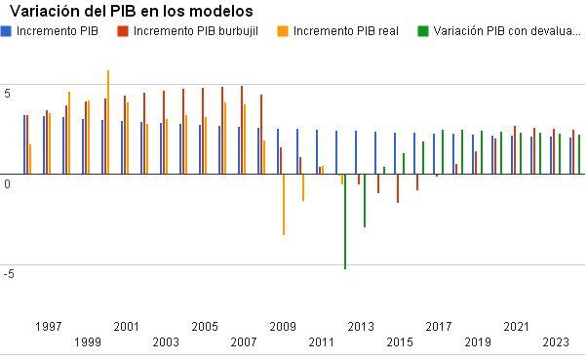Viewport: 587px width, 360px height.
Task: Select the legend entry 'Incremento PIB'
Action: tap(58, 30)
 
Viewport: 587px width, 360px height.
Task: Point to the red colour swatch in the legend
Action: tap(123, 30)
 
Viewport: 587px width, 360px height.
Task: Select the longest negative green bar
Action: tap(345, 221)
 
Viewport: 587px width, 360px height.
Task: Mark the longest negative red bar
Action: tap(398, 188)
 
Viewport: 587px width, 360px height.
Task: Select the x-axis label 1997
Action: tap(49, 326)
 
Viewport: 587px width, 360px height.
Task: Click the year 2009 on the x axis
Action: tap(283, 326)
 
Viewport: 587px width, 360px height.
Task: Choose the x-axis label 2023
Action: tap(556, 341)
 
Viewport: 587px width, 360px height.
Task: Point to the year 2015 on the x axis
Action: tap(400, 341)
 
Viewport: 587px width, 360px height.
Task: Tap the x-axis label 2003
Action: tap(166, 341)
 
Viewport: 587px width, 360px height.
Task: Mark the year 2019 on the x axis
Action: tap(478, 341)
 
